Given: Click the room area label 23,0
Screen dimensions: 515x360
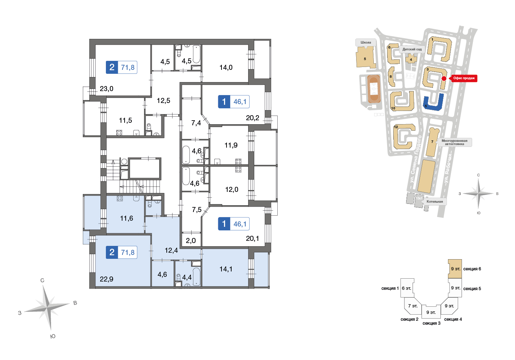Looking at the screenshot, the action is click(x=107, y=89).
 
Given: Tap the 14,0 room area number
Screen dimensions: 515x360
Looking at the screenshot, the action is click(x=226, y=68).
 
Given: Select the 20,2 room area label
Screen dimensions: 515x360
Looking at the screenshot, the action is click(x=252, y=118).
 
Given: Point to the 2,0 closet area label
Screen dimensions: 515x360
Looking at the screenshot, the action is click(x=191, y=241).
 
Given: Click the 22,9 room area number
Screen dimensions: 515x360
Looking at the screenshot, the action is click(x=107, y=279).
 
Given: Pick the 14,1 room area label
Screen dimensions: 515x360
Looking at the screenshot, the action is click(x=226, y=269).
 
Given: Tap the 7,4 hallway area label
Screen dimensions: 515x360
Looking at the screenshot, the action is click(x=196, y=123).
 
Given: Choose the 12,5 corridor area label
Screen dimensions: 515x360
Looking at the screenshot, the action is click(x=164, y=101).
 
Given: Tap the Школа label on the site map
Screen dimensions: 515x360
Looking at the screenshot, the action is click(x=366, y=42).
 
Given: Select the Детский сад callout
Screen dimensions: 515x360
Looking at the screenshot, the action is click(x=412, y=49).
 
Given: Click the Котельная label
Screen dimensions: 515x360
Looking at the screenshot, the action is click(x=434, y=202).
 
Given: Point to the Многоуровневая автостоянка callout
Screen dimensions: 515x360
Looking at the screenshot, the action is click(x=454, y=142).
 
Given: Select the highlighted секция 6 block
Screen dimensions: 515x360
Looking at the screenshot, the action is click(x=455, y=269).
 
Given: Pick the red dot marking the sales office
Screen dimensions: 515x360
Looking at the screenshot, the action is click(x=444, y=78).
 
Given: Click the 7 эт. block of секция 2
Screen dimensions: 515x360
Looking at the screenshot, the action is click(x=413, y=306).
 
